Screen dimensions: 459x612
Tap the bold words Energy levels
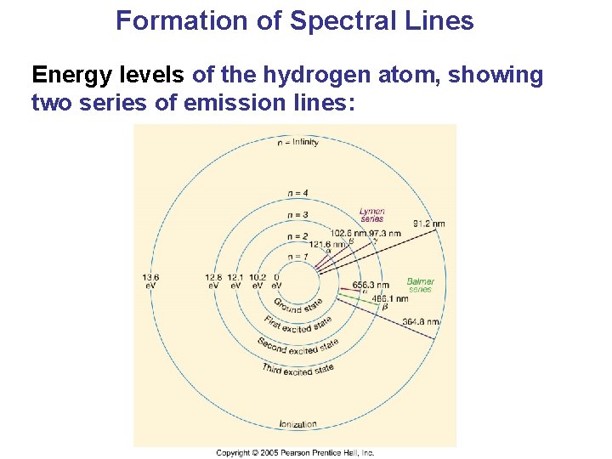(x=107, y=76)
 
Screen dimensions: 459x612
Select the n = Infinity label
(x=298, y=143)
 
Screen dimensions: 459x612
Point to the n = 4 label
(x=297, y=193)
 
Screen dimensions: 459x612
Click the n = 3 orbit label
(x=297, y=215)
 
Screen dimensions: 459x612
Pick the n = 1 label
(x=297, y=257)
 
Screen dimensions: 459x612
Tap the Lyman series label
(x=371, y=215)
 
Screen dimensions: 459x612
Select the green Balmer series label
(x=420, y=285)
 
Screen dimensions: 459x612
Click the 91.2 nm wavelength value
(x=428, y=224)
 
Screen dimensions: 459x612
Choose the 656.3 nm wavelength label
(x=371, y=286)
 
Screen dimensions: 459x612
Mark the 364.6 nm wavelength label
(x=421, y=321)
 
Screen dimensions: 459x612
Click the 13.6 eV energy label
(x=150, y=281)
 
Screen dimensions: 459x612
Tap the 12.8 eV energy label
(x=213, y=281)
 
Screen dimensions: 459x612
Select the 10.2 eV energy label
(x=258, y=281)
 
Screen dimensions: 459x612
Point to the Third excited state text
(x=297, y=369)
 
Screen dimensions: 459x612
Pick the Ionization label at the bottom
(x=297, y=423)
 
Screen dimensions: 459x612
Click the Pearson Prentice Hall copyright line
(x=295, y=453)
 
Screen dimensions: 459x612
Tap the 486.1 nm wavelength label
(x=391, y=299)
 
